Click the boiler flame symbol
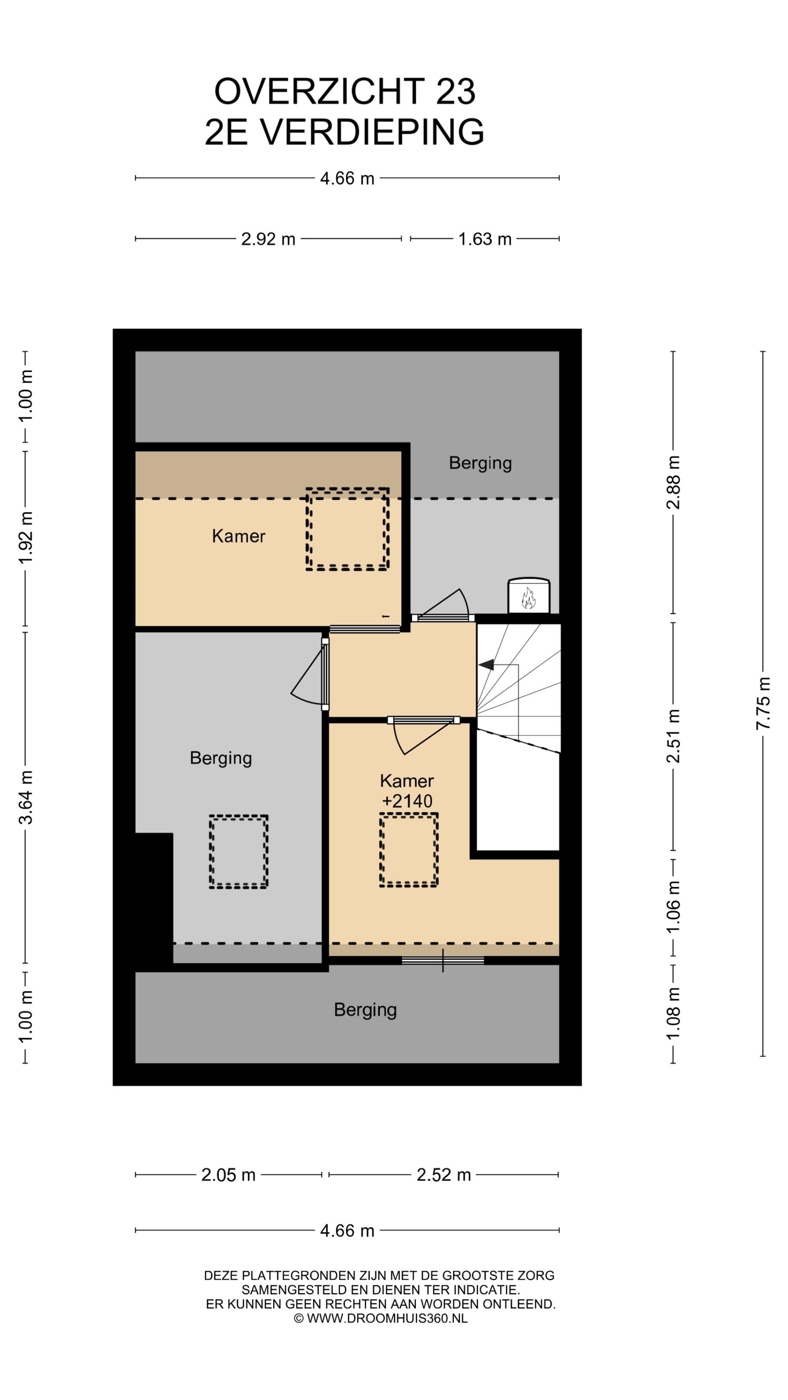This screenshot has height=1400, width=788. pos(528,598)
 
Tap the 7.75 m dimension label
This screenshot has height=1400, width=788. pos(764,704)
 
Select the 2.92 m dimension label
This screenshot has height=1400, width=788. pos(268,239)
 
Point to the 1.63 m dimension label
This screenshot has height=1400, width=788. pos(484,239)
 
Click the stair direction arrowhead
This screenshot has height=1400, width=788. pos(486,664)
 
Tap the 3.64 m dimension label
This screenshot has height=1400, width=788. pos(26,797)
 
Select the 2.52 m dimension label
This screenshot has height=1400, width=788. pos(443,1175)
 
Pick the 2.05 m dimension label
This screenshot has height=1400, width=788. pos(228,1175)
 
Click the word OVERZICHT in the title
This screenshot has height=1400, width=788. pos(319,91)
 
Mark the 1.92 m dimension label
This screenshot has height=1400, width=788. pos(26,538)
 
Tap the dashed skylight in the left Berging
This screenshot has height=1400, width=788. pos(239,852)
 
